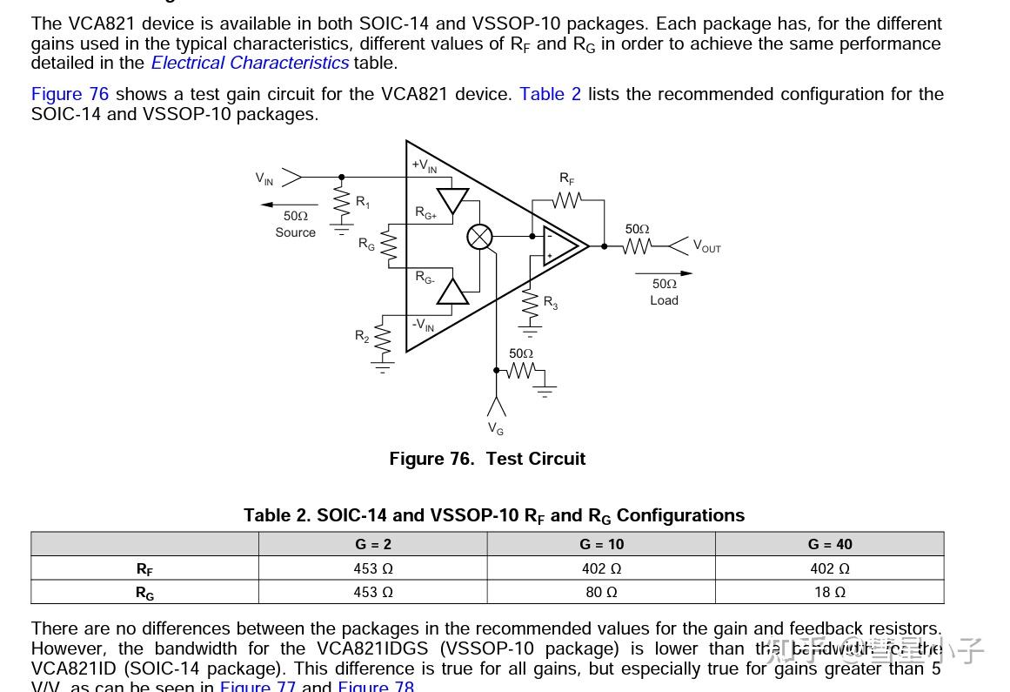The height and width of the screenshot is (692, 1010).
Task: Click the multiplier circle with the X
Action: [x=480, y=236]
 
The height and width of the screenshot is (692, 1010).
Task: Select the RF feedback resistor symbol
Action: [x=567, y=200]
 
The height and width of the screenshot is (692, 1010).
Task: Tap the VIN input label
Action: [x=264, y=178]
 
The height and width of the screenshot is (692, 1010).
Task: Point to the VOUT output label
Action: [x=706, y=246]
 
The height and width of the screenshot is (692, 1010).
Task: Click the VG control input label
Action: [x=496, y=428]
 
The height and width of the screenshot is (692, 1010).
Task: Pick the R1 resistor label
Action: [x=363, y=202]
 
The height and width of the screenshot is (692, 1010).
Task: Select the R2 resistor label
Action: [x=362, y=335]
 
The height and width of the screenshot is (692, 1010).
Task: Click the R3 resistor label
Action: [x=551, y=302]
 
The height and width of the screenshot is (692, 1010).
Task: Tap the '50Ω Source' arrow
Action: [x=290, y=205]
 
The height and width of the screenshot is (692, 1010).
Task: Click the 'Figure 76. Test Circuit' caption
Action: [x=487, y=459]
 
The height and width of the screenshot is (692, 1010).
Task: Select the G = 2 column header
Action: [x=373, y=544]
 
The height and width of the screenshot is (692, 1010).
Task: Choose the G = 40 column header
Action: [x=830, y=544]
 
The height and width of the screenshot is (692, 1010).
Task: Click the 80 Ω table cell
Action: [x=601, y=592]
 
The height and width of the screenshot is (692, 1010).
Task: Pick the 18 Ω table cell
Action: [x=830, y=592]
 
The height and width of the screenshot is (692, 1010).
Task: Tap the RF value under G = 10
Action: [x=601, y=568]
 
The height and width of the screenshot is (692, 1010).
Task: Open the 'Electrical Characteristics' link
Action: [x=250, y=63]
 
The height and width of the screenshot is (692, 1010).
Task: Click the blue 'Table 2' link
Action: [x=550, y=94]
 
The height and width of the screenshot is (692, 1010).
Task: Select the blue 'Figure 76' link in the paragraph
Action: [x=70, y=94]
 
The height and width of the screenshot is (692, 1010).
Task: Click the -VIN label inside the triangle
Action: [x=424, y=326]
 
